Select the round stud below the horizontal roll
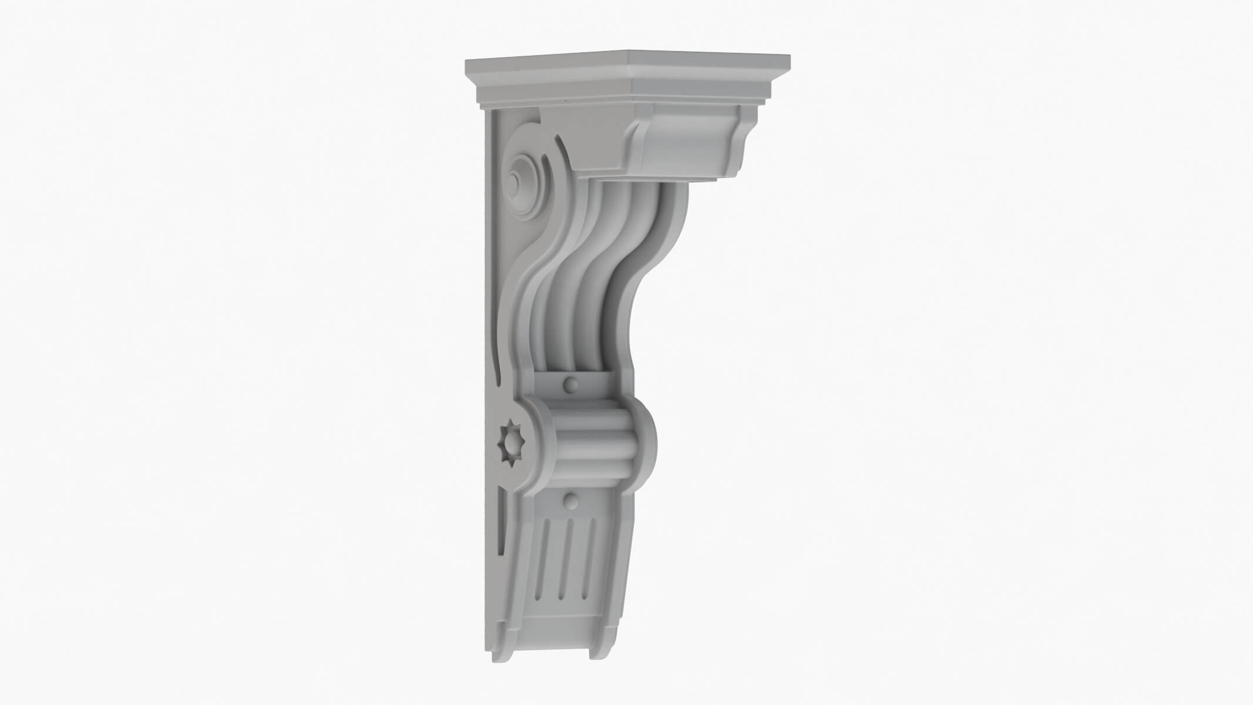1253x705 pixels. (570, 501)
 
